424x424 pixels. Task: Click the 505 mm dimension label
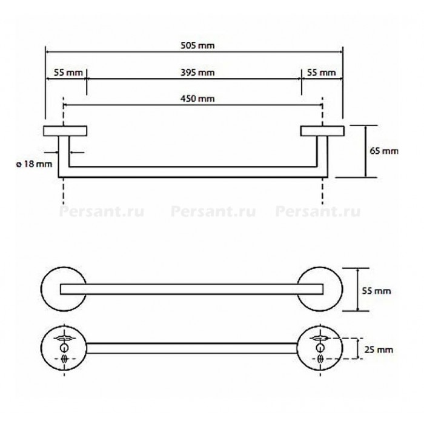[197, 45]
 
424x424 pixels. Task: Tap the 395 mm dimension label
[197, 73]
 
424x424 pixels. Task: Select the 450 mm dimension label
[197, 99]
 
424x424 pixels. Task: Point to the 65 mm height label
[384, 151]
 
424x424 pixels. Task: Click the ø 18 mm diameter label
[34, 164]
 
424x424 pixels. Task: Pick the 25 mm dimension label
[379, 349]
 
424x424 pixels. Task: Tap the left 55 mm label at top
[68, 73]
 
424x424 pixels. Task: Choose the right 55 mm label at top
[321, 73]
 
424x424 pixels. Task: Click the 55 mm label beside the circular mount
[376, 291]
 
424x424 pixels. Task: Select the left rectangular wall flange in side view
[65, 131]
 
